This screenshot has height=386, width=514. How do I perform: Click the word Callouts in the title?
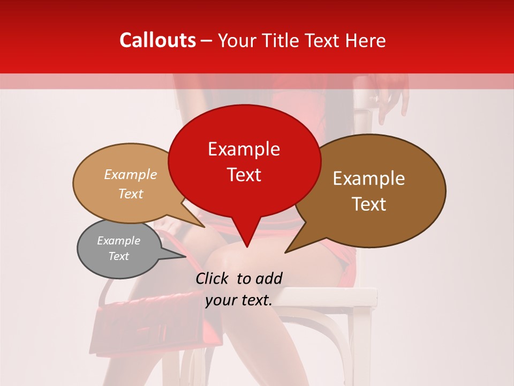[157, 40]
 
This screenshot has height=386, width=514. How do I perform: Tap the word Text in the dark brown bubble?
[369, 204]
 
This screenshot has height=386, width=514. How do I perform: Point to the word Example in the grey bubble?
[118, 241]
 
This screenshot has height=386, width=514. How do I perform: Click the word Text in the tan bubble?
[131, 194]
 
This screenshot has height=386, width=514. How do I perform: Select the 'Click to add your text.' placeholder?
[239, 289]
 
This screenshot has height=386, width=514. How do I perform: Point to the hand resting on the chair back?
[394, 96]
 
